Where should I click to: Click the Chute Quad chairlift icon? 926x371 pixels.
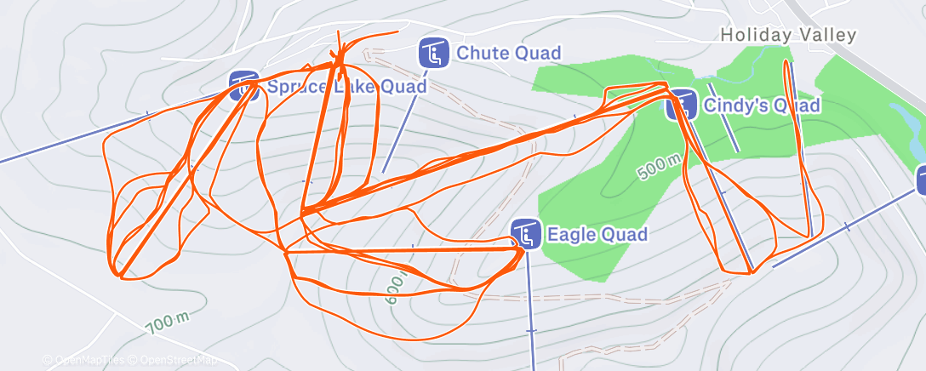coord(434,54)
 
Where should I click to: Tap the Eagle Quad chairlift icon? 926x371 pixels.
coord(526,234)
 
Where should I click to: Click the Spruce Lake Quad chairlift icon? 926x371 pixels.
coord(244,86)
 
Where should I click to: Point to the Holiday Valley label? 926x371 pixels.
coord(787,35)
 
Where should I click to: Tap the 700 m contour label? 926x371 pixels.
coord(167,322)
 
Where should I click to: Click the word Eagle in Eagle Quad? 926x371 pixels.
coord(571,234)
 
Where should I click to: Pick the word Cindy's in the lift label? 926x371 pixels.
coord(735,106)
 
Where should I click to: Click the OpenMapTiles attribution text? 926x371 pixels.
coord(85,360)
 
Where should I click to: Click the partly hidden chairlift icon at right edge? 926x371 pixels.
coord(922,180)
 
